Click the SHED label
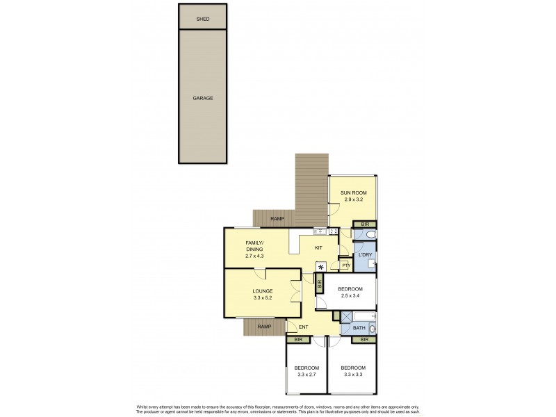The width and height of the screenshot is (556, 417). pos(203,19)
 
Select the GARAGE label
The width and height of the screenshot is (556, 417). pos(203,98)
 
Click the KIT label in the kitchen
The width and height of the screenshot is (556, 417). pos(319,247)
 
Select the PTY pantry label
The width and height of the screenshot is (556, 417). pos(345,265)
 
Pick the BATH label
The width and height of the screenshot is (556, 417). pos(359,328)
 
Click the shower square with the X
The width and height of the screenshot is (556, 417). pos(346,329)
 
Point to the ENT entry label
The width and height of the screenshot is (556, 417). pos(303,327)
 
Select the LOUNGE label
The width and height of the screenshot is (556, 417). pos(262,291)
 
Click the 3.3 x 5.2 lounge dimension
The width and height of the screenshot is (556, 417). pos(262,299)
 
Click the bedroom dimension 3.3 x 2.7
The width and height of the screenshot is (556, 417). pos(306,375)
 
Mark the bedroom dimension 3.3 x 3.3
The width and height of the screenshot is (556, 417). pos(352,375)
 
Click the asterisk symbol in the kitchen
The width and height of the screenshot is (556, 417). pos(320,265)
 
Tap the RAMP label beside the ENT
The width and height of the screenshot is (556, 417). pos(263,327)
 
